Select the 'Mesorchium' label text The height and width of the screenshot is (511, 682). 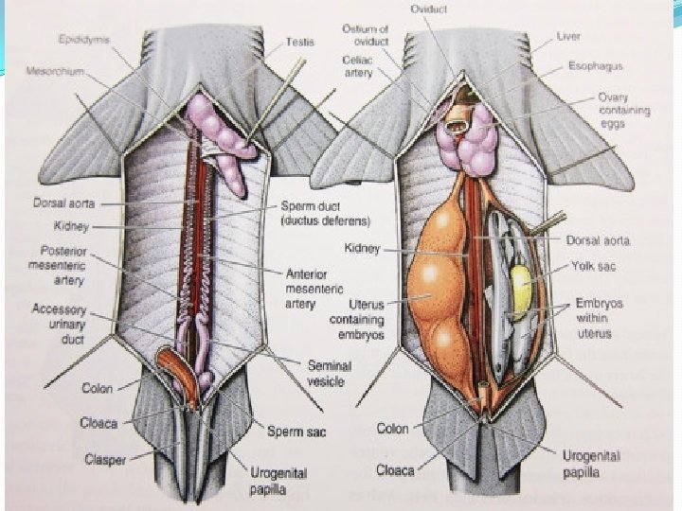click(57, 70)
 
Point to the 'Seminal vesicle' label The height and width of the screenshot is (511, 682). click(329, 373)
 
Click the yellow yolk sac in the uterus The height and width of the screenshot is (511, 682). click(520, 280)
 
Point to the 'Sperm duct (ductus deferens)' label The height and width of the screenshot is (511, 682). click(324, 213)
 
